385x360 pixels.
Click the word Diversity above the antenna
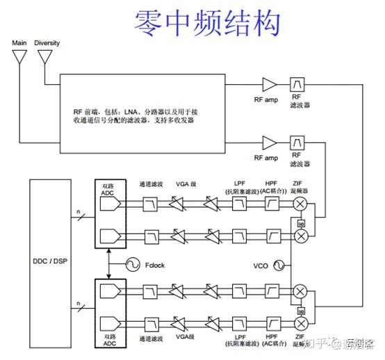click(x=47, y=43)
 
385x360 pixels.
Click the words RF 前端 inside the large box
click(x=86, y=111)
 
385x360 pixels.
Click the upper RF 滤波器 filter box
click(x=299, y=85)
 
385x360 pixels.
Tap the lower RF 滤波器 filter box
click(x=299, y=142)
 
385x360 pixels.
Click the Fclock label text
click(x=154, y=265)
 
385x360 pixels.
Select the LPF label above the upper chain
click(x=239, y=183)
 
